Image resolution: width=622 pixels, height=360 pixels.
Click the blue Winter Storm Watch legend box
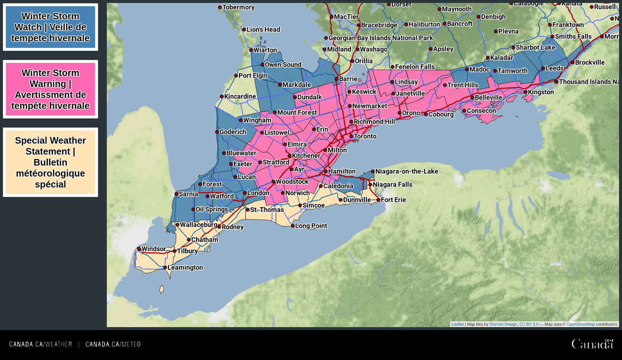50,27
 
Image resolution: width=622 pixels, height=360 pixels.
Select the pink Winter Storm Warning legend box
50,89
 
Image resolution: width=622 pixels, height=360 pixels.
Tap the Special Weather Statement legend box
50,162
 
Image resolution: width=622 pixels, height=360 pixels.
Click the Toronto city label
365,136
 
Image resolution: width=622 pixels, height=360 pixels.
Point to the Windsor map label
153,249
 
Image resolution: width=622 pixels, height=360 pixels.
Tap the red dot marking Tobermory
220,7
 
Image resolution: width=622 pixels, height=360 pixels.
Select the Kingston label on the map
541,92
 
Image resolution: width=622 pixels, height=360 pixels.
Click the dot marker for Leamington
165,268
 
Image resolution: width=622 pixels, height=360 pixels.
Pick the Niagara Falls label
392,184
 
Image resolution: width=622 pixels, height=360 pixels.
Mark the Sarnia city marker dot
176,194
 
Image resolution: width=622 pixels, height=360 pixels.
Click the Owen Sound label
283,65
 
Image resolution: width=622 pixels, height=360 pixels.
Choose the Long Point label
311,226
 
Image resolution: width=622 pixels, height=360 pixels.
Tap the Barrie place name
348,79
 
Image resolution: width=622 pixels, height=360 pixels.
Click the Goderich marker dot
217,132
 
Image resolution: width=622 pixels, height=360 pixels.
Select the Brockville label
590,62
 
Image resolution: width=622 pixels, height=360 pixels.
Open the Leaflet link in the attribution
458,324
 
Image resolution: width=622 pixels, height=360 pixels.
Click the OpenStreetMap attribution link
581,324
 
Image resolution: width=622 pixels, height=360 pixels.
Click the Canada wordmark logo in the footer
592,344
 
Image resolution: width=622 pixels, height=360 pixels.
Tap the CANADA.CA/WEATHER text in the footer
40,344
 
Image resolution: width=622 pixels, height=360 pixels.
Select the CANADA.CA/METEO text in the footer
113,344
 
